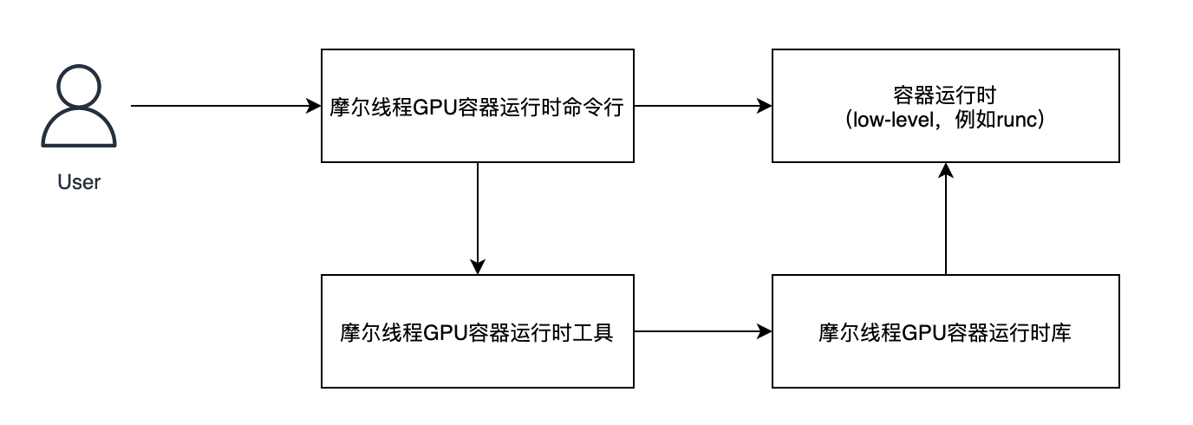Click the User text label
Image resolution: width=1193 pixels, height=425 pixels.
click(79, 183)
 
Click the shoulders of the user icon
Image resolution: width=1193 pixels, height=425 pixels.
click(79, 132)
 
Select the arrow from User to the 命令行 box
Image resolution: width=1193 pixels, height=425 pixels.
click(225, 107)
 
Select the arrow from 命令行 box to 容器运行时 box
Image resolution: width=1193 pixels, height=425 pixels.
click(702, 107)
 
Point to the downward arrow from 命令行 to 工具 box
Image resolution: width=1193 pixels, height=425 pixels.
click(478, 217)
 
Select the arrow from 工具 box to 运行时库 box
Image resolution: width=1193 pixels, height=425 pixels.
click(702, 331)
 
